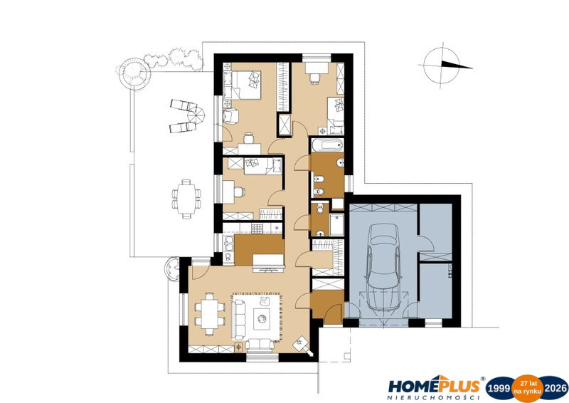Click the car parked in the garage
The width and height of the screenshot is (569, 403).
(x=384, y=268)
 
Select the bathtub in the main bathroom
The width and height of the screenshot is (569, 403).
(x=327, y=145)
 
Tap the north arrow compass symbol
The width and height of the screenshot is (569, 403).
(x=446, y=66)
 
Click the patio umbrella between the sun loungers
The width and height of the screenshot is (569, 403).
(x=196, y=114)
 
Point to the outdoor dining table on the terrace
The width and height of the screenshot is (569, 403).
(x=186, y=199)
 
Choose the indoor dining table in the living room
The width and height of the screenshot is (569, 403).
(x=209, y=314)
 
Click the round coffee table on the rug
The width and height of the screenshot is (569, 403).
(x=262, y=319)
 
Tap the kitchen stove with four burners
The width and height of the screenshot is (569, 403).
(x=257, y=229)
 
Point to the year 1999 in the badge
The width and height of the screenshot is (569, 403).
(x=499, y=389)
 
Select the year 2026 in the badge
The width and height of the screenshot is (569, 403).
(x=555, y=389)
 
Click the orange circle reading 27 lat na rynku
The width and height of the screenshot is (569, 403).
(x=528, y=388)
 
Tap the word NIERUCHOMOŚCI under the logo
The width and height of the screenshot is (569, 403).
(x=434, y=398)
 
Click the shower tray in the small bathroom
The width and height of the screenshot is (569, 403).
(x=336, y=225)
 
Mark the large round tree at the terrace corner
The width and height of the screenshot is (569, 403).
(x=134, y=70)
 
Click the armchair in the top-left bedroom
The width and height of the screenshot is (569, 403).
(x=230, y=117)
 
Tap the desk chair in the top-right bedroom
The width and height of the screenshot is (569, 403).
(x=314, y=78)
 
